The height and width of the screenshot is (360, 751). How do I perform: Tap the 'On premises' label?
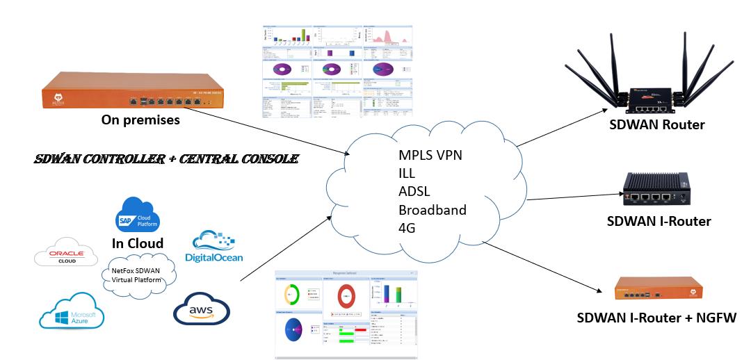[x=140, y=120]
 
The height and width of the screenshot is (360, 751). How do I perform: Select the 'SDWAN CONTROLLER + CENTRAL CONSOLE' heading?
[x=167, y=159]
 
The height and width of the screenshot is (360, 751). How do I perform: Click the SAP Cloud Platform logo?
[x=138, y=214]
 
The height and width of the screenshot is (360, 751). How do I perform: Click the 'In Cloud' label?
[x=138, y=243]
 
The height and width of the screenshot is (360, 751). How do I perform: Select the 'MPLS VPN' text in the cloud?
[x=430, y=155]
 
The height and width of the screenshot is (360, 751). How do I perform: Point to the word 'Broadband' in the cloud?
[x=433, y=210]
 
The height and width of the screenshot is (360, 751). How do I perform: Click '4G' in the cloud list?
[x=407, y=228]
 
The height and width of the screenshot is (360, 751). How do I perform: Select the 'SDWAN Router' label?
[x=656, y=125]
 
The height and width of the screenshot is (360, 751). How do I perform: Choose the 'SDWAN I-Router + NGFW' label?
[x=656, y=318]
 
